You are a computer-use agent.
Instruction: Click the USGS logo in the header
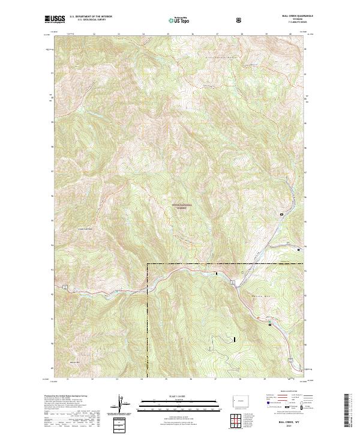click(x=55, y=20)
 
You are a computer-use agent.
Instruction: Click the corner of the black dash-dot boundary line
click(x=148, y=264)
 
